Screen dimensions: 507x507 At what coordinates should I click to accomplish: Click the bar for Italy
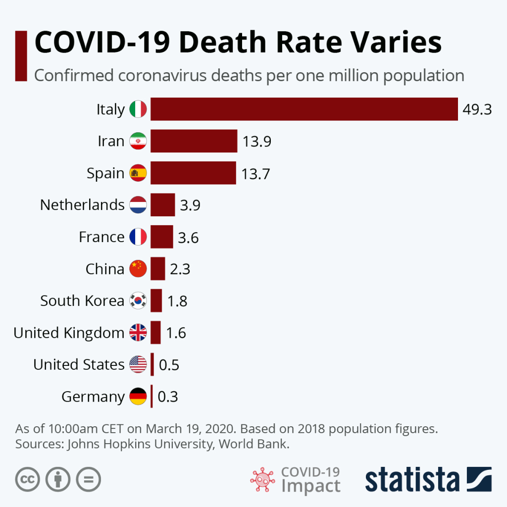pos(304,109)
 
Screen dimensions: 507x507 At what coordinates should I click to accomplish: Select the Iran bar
pos(194,141)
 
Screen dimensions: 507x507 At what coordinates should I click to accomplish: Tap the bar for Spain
pos(193,173)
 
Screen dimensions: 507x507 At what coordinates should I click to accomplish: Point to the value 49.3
pos(477,109)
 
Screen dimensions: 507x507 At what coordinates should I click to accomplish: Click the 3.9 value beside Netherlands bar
pos(190,205)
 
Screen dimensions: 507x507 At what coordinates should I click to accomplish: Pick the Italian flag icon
pos(138,109)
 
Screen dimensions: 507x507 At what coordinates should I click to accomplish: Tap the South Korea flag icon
pos(138,301)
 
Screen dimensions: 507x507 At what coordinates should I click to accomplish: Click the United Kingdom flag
pos(138,333)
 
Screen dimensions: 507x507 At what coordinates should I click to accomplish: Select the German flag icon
pos(138,397)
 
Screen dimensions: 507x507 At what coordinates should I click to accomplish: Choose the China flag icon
pos(138,269)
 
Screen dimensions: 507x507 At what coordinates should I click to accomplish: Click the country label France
pos(101,237)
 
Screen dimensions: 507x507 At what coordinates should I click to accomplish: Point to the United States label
pos(79,365)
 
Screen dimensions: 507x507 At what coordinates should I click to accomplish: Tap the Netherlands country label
pos(82,205)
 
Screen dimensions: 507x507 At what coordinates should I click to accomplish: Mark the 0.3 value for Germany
pos(168,397)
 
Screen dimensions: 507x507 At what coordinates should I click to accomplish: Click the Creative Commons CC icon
pos(27,479)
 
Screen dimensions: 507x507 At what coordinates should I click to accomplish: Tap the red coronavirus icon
pos(262,479)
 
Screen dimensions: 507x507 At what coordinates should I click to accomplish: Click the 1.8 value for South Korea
pos(177,301)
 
